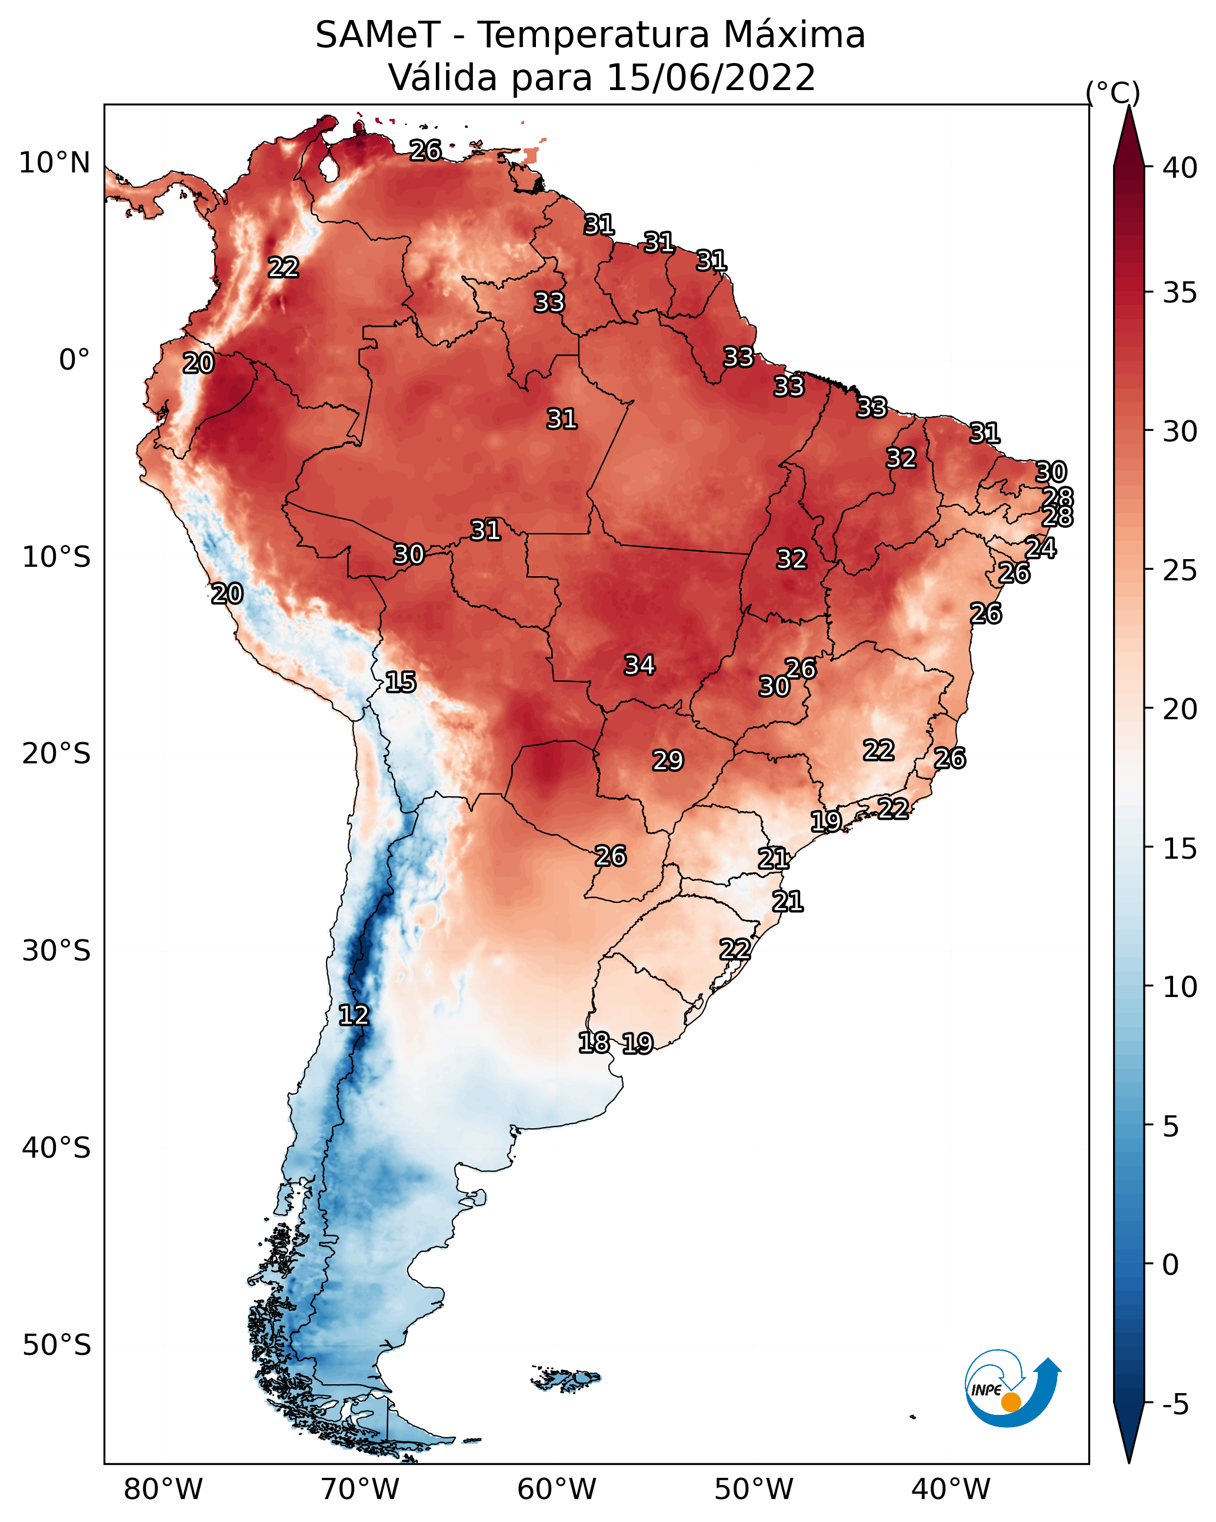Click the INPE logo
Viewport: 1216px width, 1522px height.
click(x=1012, y=1388)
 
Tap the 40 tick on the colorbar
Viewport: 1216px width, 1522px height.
click(x=1180, y=168)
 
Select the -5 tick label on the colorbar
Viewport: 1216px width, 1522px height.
click(x=1175, y=1404)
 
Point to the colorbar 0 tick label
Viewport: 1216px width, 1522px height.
click(x=1170, y=1264)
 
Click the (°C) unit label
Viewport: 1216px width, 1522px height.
click(x=1113, y=92)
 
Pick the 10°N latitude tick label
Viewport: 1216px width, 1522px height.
click(x=54, y=163)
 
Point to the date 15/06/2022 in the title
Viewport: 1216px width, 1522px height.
click(x=710, y=78)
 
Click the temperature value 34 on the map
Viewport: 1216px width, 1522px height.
click(x=639, y=665)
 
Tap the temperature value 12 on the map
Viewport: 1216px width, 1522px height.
click(x=354, y=1015)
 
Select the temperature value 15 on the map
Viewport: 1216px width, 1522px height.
click(x=400, y=682)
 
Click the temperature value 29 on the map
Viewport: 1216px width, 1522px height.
click(x=668, y=760)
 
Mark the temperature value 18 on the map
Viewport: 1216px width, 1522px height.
click(x=594, y=1042)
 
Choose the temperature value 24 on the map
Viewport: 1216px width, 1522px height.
click(x=1040, y=548)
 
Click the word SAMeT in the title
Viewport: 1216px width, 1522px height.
click(x=378, y=35)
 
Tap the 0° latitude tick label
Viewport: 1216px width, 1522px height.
click(x=74, y=360)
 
